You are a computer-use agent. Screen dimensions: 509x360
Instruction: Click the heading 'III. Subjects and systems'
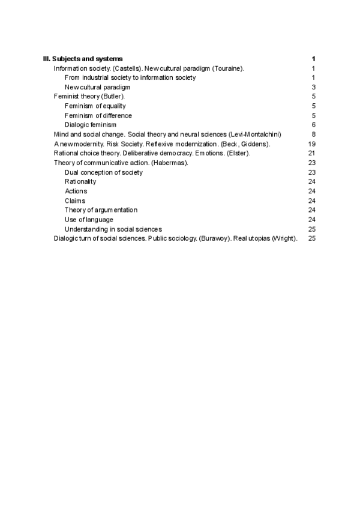83,59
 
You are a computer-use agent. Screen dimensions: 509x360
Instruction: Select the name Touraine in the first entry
228,68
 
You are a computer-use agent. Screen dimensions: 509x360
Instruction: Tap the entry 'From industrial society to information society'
130,77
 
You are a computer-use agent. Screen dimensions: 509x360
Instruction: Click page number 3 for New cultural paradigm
313,87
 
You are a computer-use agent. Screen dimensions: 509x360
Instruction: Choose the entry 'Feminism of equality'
95,106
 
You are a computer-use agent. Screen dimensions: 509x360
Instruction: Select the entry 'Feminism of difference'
98,115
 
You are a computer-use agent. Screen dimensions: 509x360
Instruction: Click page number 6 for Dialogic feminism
313,125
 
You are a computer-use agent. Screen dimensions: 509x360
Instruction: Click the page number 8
313,134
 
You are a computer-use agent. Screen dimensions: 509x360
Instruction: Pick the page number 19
311,143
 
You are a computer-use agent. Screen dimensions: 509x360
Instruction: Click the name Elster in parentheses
238,153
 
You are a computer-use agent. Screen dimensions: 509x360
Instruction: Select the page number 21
311,153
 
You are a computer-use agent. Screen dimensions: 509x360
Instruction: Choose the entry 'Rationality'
80,181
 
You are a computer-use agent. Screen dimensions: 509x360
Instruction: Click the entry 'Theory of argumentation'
101,210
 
